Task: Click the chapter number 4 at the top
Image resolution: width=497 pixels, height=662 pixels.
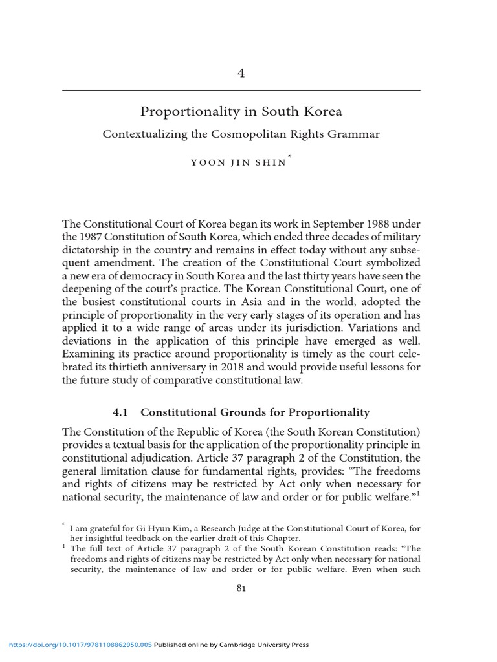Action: point(241,73)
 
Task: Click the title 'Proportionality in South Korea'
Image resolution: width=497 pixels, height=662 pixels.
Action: point(241,112)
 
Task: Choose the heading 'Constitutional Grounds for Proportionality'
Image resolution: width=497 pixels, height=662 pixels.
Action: point(255,412)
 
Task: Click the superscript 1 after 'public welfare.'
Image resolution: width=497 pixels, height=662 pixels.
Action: point(418,494)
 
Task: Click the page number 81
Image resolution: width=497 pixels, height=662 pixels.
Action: point(241,588)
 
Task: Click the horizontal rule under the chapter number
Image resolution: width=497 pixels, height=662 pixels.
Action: point(241,90)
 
